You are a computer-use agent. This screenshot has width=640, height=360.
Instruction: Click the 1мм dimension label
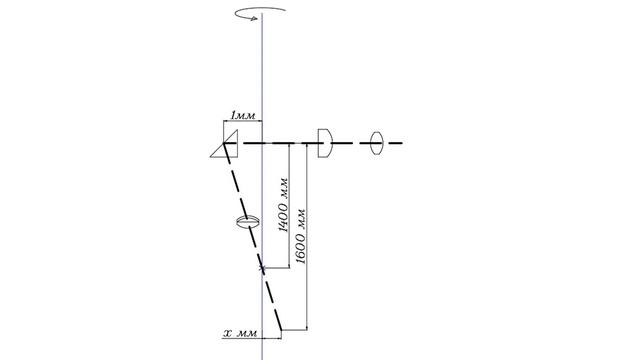pos(243,116)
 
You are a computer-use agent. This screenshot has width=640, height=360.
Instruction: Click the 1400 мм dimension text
pos(284,205)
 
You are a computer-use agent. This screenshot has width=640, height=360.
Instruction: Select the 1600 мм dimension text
pos(301,236)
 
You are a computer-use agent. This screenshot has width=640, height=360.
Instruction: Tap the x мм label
pos(241,333)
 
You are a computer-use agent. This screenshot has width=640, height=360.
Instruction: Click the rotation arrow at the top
pos(260,12)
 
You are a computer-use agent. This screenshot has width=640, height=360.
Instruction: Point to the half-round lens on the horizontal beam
pos(325,143)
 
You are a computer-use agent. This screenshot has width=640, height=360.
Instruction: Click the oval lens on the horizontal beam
pos(377,143)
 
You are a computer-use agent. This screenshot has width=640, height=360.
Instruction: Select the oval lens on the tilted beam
pos(248,222)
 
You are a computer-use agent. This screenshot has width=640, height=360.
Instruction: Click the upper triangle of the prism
pos(231,137)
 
